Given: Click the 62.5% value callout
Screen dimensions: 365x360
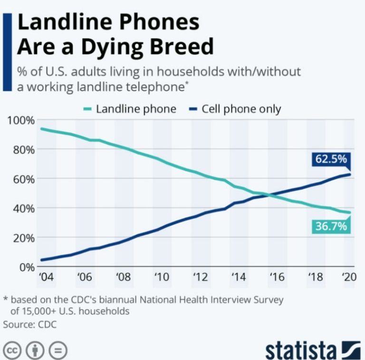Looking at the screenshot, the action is [331, 159].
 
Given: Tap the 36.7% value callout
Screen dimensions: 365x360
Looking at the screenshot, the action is [331, 226].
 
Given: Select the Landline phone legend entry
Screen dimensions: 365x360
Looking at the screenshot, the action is [130, 109].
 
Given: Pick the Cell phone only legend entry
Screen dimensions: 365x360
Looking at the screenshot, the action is [235, 109].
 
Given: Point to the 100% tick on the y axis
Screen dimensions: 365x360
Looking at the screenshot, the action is [21, 121].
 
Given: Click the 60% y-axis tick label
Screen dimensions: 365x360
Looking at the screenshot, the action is [24, 180].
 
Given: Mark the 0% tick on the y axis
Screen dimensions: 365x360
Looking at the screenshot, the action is [27, 267].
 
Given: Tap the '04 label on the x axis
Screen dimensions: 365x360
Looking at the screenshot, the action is [46, 277].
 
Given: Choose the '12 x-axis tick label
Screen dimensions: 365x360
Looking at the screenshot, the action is [201, 277].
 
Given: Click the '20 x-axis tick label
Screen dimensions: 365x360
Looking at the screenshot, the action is [349, 277].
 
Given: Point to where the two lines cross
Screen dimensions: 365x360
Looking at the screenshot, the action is [269, 195].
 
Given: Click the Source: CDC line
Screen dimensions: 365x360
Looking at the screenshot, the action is [30, 324].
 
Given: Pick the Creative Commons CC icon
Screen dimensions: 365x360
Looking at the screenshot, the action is [12, 350].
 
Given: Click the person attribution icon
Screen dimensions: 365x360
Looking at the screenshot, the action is [35, 350].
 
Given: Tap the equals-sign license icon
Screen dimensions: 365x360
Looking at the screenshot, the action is [58, 350].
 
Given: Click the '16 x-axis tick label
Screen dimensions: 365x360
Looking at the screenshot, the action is [277, 277].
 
